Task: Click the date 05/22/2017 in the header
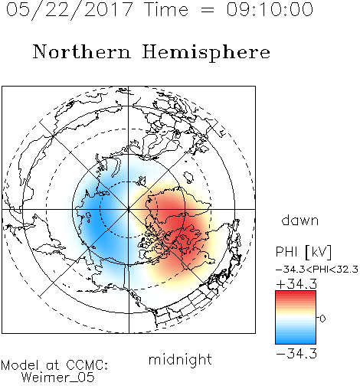coord(70,10)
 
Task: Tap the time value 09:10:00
coord(270,9)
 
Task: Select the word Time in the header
coord(166,9)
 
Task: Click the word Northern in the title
coord(82,51)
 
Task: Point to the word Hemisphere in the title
coord(206,53)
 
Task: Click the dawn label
coord(300,220)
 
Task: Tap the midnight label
coord(180,359)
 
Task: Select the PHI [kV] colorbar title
coord(303,252)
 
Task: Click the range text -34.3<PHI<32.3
coord(317,270)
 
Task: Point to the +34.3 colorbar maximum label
coord(296,284)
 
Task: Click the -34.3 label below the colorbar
coord(296,354)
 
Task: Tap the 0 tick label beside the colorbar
coord(322,319)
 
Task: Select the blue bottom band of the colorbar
coord(296,340)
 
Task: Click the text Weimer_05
coord(58,378)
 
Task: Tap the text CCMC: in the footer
coord(87,365)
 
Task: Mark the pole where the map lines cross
coord(128,209)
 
